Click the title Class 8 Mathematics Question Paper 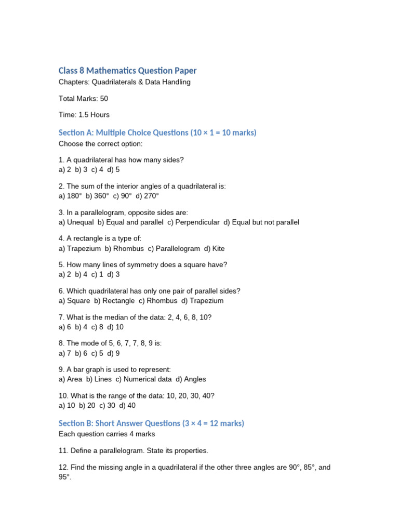[127, 71]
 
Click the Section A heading [157, 132]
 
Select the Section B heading [151, 423]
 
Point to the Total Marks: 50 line [83, 98]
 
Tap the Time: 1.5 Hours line [84, 114]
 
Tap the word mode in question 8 [90, 343]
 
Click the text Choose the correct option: [100, 143]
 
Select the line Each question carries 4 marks [107, 434]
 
